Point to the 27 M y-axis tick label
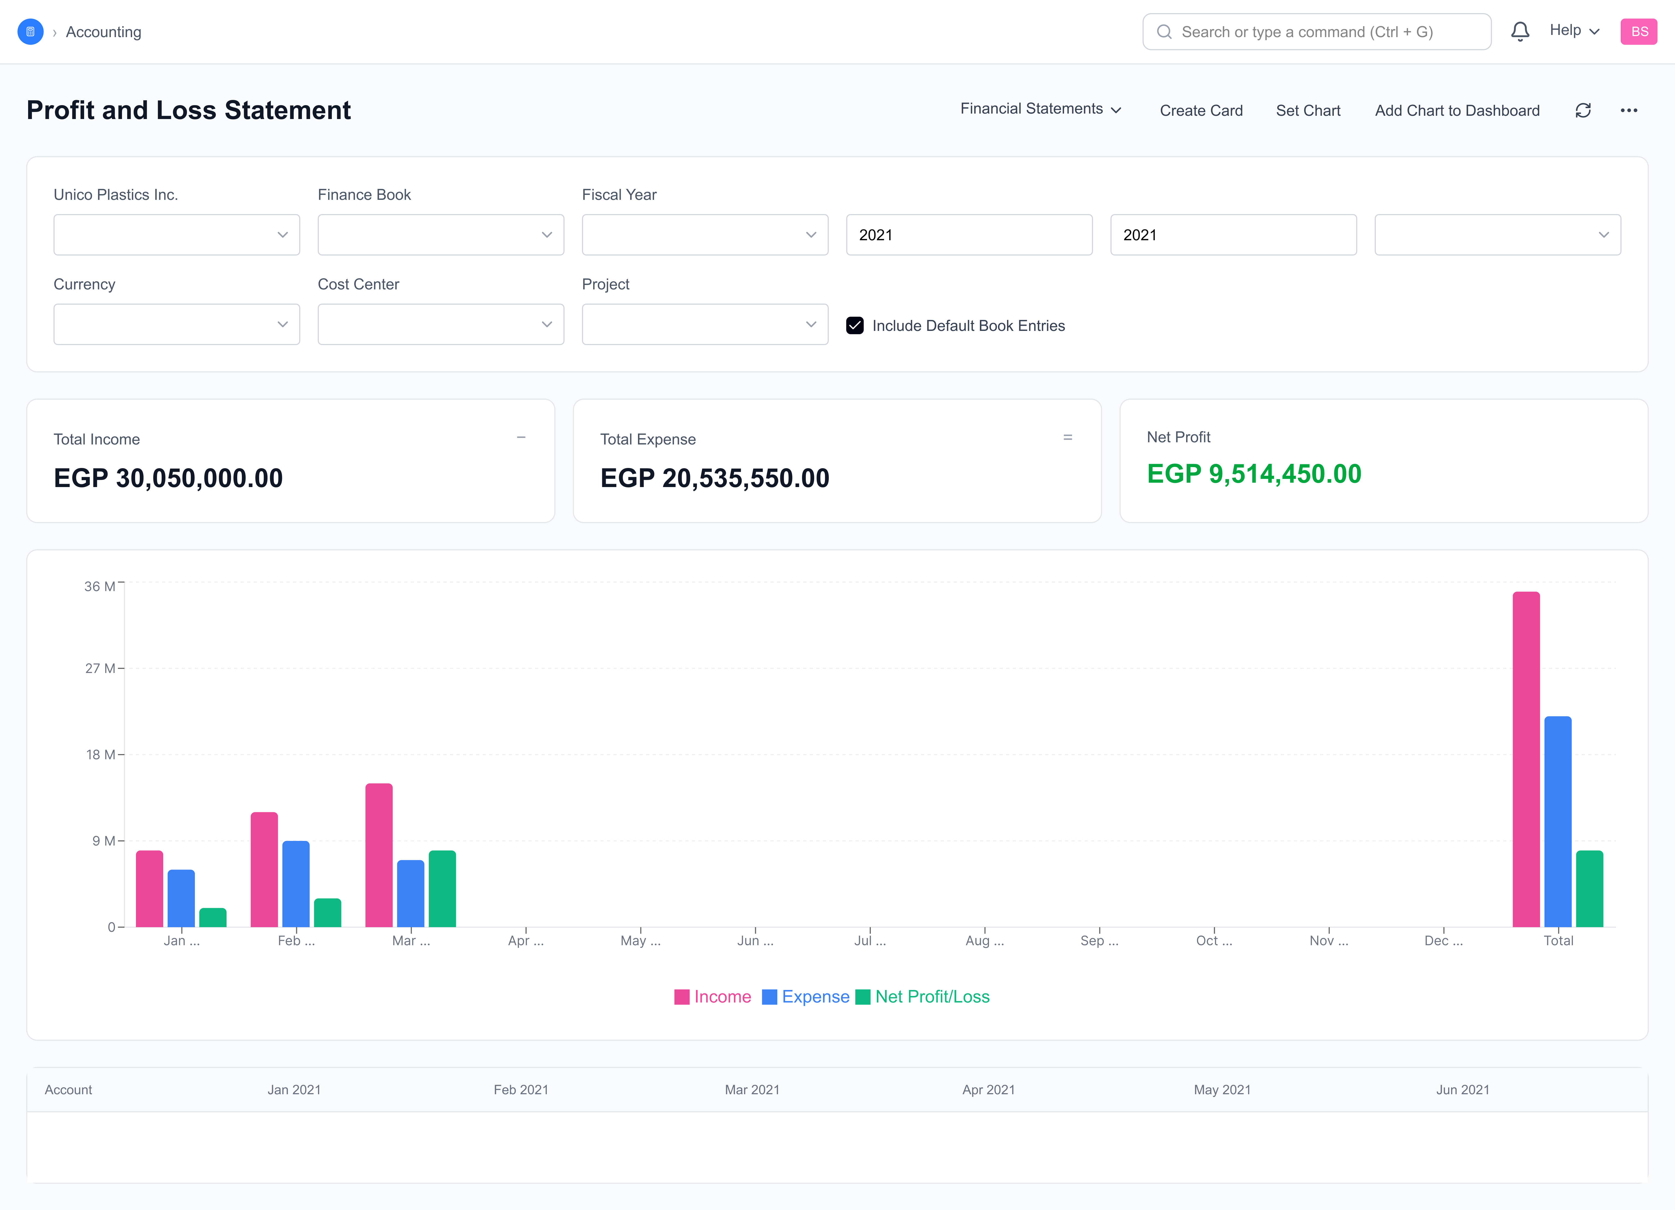pyautogui.click(x=99, y=669)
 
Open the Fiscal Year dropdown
pyautogui.click(x=705, y=235)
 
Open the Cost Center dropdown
pyautogui.click(x=440, y=324)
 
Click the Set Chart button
pyautogui.click(x=1308, y=111)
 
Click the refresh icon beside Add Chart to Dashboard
pyautogui.click(x=1583, y=111)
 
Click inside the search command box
pyautogui.click(x=1316, y=32)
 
